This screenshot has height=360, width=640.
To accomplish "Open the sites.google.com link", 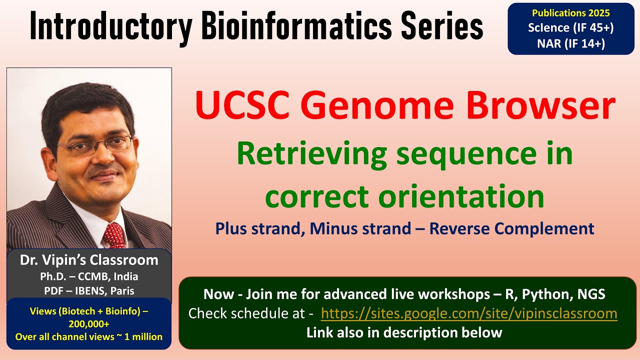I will [468, 313].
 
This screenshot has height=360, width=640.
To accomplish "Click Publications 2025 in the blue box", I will [570, 13].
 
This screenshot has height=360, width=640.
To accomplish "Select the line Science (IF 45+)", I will [570, 27].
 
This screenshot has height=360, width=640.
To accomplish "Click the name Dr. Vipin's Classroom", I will [89, 260].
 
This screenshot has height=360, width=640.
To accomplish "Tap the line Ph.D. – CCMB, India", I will [89, 276].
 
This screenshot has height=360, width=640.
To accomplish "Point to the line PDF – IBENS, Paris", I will [89, 290].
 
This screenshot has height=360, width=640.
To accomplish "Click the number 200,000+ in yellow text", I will [89, 324].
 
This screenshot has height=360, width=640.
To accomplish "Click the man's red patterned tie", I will [114, 235].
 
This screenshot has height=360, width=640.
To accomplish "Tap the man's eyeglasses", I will [95, 145].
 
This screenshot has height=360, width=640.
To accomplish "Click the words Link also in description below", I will [404, 332].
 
